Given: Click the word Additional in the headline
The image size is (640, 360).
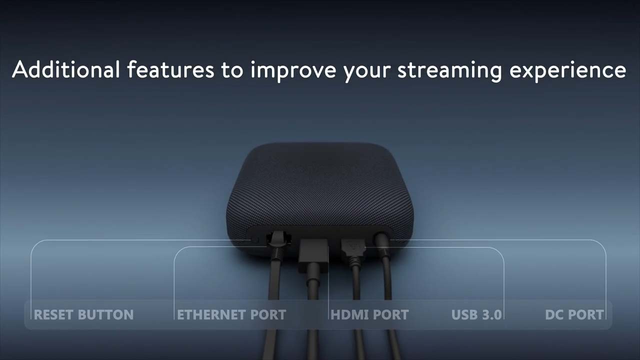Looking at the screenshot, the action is [66, 69].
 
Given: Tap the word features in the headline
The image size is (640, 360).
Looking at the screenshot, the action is [170, 69].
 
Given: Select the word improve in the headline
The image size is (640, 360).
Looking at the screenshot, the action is [293, 71].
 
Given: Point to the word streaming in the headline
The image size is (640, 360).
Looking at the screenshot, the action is [449, 71].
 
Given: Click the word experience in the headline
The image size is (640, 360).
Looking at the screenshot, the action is [568, 71].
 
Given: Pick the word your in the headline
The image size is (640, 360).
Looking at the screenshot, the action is [367, 73].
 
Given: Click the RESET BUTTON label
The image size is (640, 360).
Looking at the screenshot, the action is [83, 314].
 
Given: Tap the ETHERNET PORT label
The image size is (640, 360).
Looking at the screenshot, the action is [231, 314].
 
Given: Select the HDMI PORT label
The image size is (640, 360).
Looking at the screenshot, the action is [369, 314].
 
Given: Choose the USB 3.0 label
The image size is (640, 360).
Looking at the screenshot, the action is [476, 314].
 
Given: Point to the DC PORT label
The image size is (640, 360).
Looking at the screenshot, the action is [574, 314].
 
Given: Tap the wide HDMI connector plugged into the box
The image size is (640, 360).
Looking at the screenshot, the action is [313, 254].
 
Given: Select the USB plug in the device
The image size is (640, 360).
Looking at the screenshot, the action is [353, 249].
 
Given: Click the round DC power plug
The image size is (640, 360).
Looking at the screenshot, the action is [382, 243].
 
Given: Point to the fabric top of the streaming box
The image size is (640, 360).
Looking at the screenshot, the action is [319, 188].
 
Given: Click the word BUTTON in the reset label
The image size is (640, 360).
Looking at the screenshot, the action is [105, 314].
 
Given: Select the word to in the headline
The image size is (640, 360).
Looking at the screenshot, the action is [232, 70].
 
